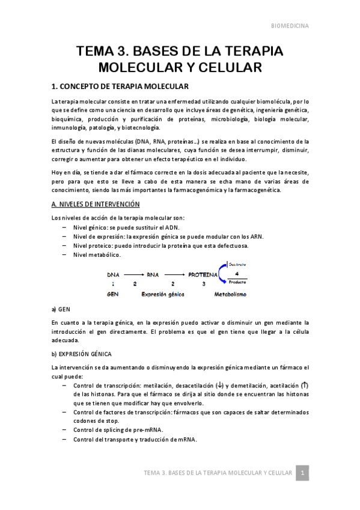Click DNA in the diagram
coord(113,274)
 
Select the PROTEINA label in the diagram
coord(203,274)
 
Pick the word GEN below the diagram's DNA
coord(112,295)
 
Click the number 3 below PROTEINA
coord(203,284)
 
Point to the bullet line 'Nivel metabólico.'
coord(99,255)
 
